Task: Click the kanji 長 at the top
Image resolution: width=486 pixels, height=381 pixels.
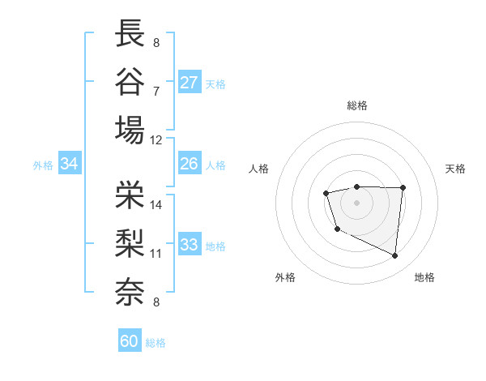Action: [130, 34]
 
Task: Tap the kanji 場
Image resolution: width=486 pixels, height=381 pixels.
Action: [130, 129]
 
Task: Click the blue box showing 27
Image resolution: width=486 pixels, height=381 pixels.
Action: [190, 83]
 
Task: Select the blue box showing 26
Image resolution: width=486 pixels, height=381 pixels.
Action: [190, 164]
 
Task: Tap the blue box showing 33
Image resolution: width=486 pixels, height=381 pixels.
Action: [190, 245]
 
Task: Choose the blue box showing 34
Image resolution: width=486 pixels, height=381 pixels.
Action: [70, 164]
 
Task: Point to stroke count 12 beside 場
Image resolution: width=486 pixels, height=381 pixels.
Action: [156, 139]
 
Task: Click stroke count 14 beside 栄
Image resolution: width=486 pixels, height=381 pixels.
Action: [156, 205]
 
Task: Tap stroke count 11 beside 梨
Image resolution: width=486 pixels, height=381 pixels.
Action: [156, 254]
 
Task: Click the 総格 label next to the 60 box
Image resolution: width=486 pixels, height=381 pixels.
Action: [156, 343]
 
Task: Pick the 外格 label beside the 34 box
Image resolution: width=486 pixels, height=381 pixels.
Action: [43, 165]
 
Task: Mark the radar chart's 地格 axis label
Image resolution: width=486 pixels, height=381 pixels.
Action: [424, 277]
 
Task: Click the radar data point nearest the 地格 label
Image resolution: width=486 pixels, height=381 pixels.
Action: [395, 256]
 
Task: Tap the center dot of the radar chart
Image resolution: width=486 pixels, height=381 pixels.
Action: [356, 202]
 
